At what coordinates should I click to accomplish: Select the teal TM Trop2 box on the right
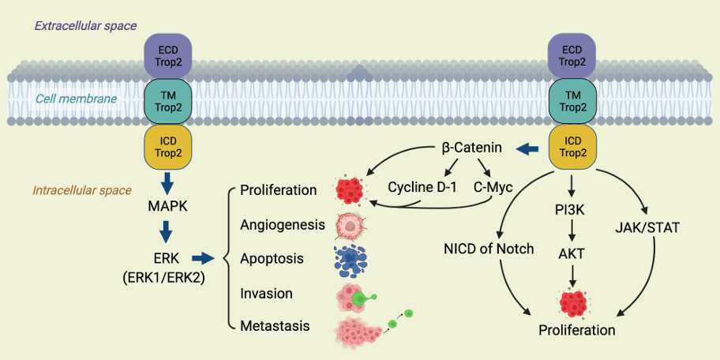tap(572, 100)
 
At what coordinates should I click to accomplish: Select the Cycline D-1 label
tap(422, 187)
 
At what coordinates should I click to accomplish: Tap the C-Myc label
tap(493, 187)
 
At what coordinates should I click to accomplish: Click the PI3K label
tap(571, 209)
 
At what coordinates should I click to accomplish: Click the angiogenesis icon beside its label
tap(349, 225)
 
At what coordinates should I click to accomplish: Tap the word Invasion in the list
tap(266, 294)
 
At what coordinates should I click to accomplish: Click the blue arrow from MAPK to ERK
tap(167, 232)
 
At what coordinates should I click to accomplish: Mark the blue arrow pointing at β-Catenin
tap(527, 148)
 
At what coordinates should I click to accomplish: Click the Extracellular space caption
tap(85, 26)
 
